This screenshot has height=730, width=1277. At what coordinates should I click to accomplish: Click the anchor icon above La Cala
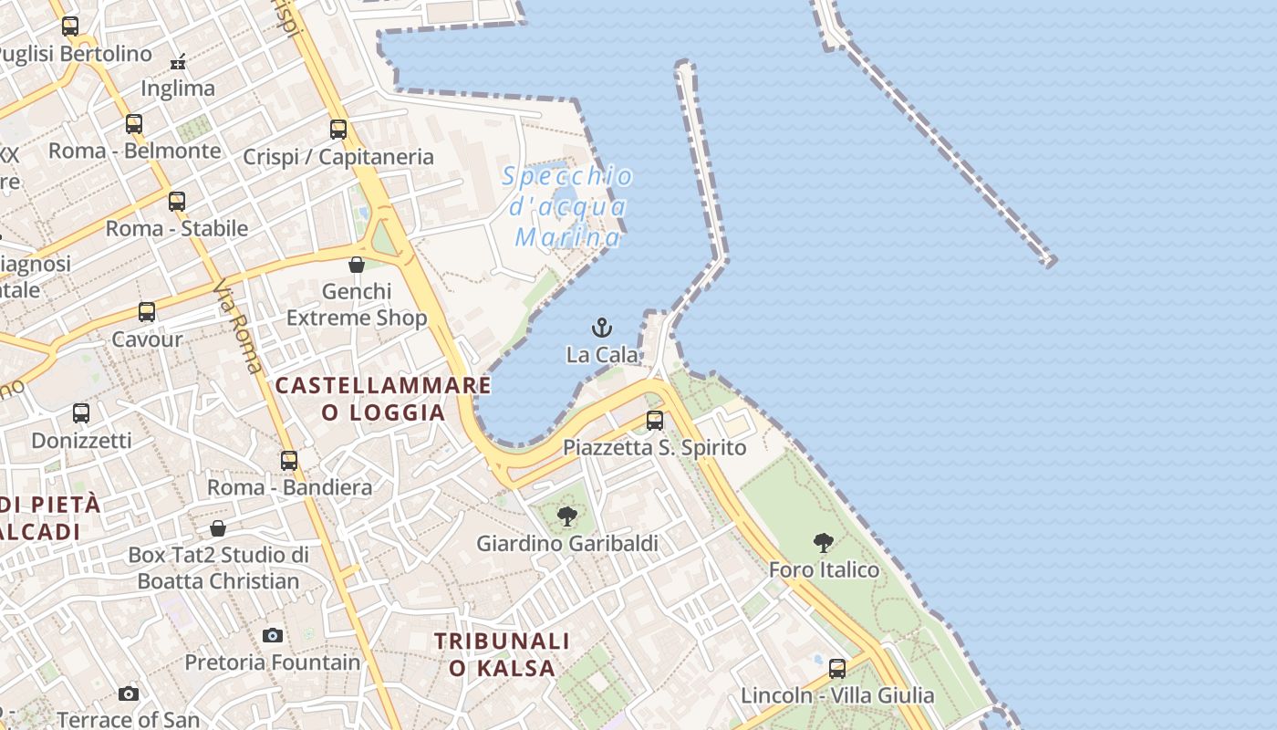[x=602, y=328]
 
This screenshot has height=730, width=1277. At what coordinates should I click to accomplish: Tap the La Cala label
[x=602, y=354]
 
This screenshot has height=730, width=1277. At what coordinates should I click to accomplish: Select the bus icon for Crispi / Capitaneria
[x=338, y=130]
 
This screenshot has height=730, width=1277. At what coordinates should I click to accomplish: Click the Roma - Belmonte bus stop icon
[x=134, y=124]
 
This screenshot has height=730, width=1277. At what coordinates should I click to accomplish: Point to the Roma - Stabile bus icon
[x=177, y=202]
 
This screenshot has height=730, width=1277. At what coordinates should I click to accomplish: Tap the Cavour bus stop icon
[x=147, y=312]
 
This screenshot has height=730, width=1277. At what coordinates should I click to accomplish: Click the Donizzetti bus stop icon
[x=81, y=413]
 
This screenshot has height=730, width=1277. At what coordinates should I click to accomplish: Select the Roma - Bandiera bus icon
[x=289, y=461]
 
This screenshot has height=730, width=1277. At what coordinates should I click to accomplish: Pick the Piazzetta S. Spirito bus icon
[x=655, y=421]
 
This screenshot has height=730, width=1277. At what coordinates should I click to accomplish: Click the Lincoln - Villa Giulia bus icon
[x=837, y=669]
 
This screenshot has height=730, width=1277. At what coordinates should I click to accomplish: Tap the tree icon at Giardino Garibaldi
[x=567, y=516]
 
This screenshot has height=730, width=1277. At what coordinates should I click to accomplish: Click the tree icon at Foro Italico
[x=824, y=543]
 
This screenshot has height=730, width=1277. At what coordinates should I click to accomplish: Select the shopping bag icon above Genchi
[x=357, y=265]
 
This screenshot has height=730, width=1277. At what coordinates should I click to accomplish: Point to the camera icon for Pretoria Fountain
[x=273, y=635]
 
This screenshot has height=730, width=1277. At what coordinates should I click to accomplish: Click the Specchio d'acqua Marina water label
[x=567, y=207]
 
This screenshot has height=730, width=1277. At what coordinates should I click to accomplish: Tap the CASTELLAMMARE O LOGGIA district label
[x=383, y=399]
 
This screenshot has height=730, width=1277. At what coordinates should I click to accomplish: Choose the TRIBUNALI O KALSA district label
[x=503, y=654]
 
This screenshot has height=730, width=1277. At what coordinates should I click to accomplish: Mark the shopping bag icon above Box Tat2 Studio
[x=218, y=528]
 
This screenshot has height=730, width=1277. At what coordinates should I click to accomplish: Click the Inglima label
[x=178, y=89]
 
